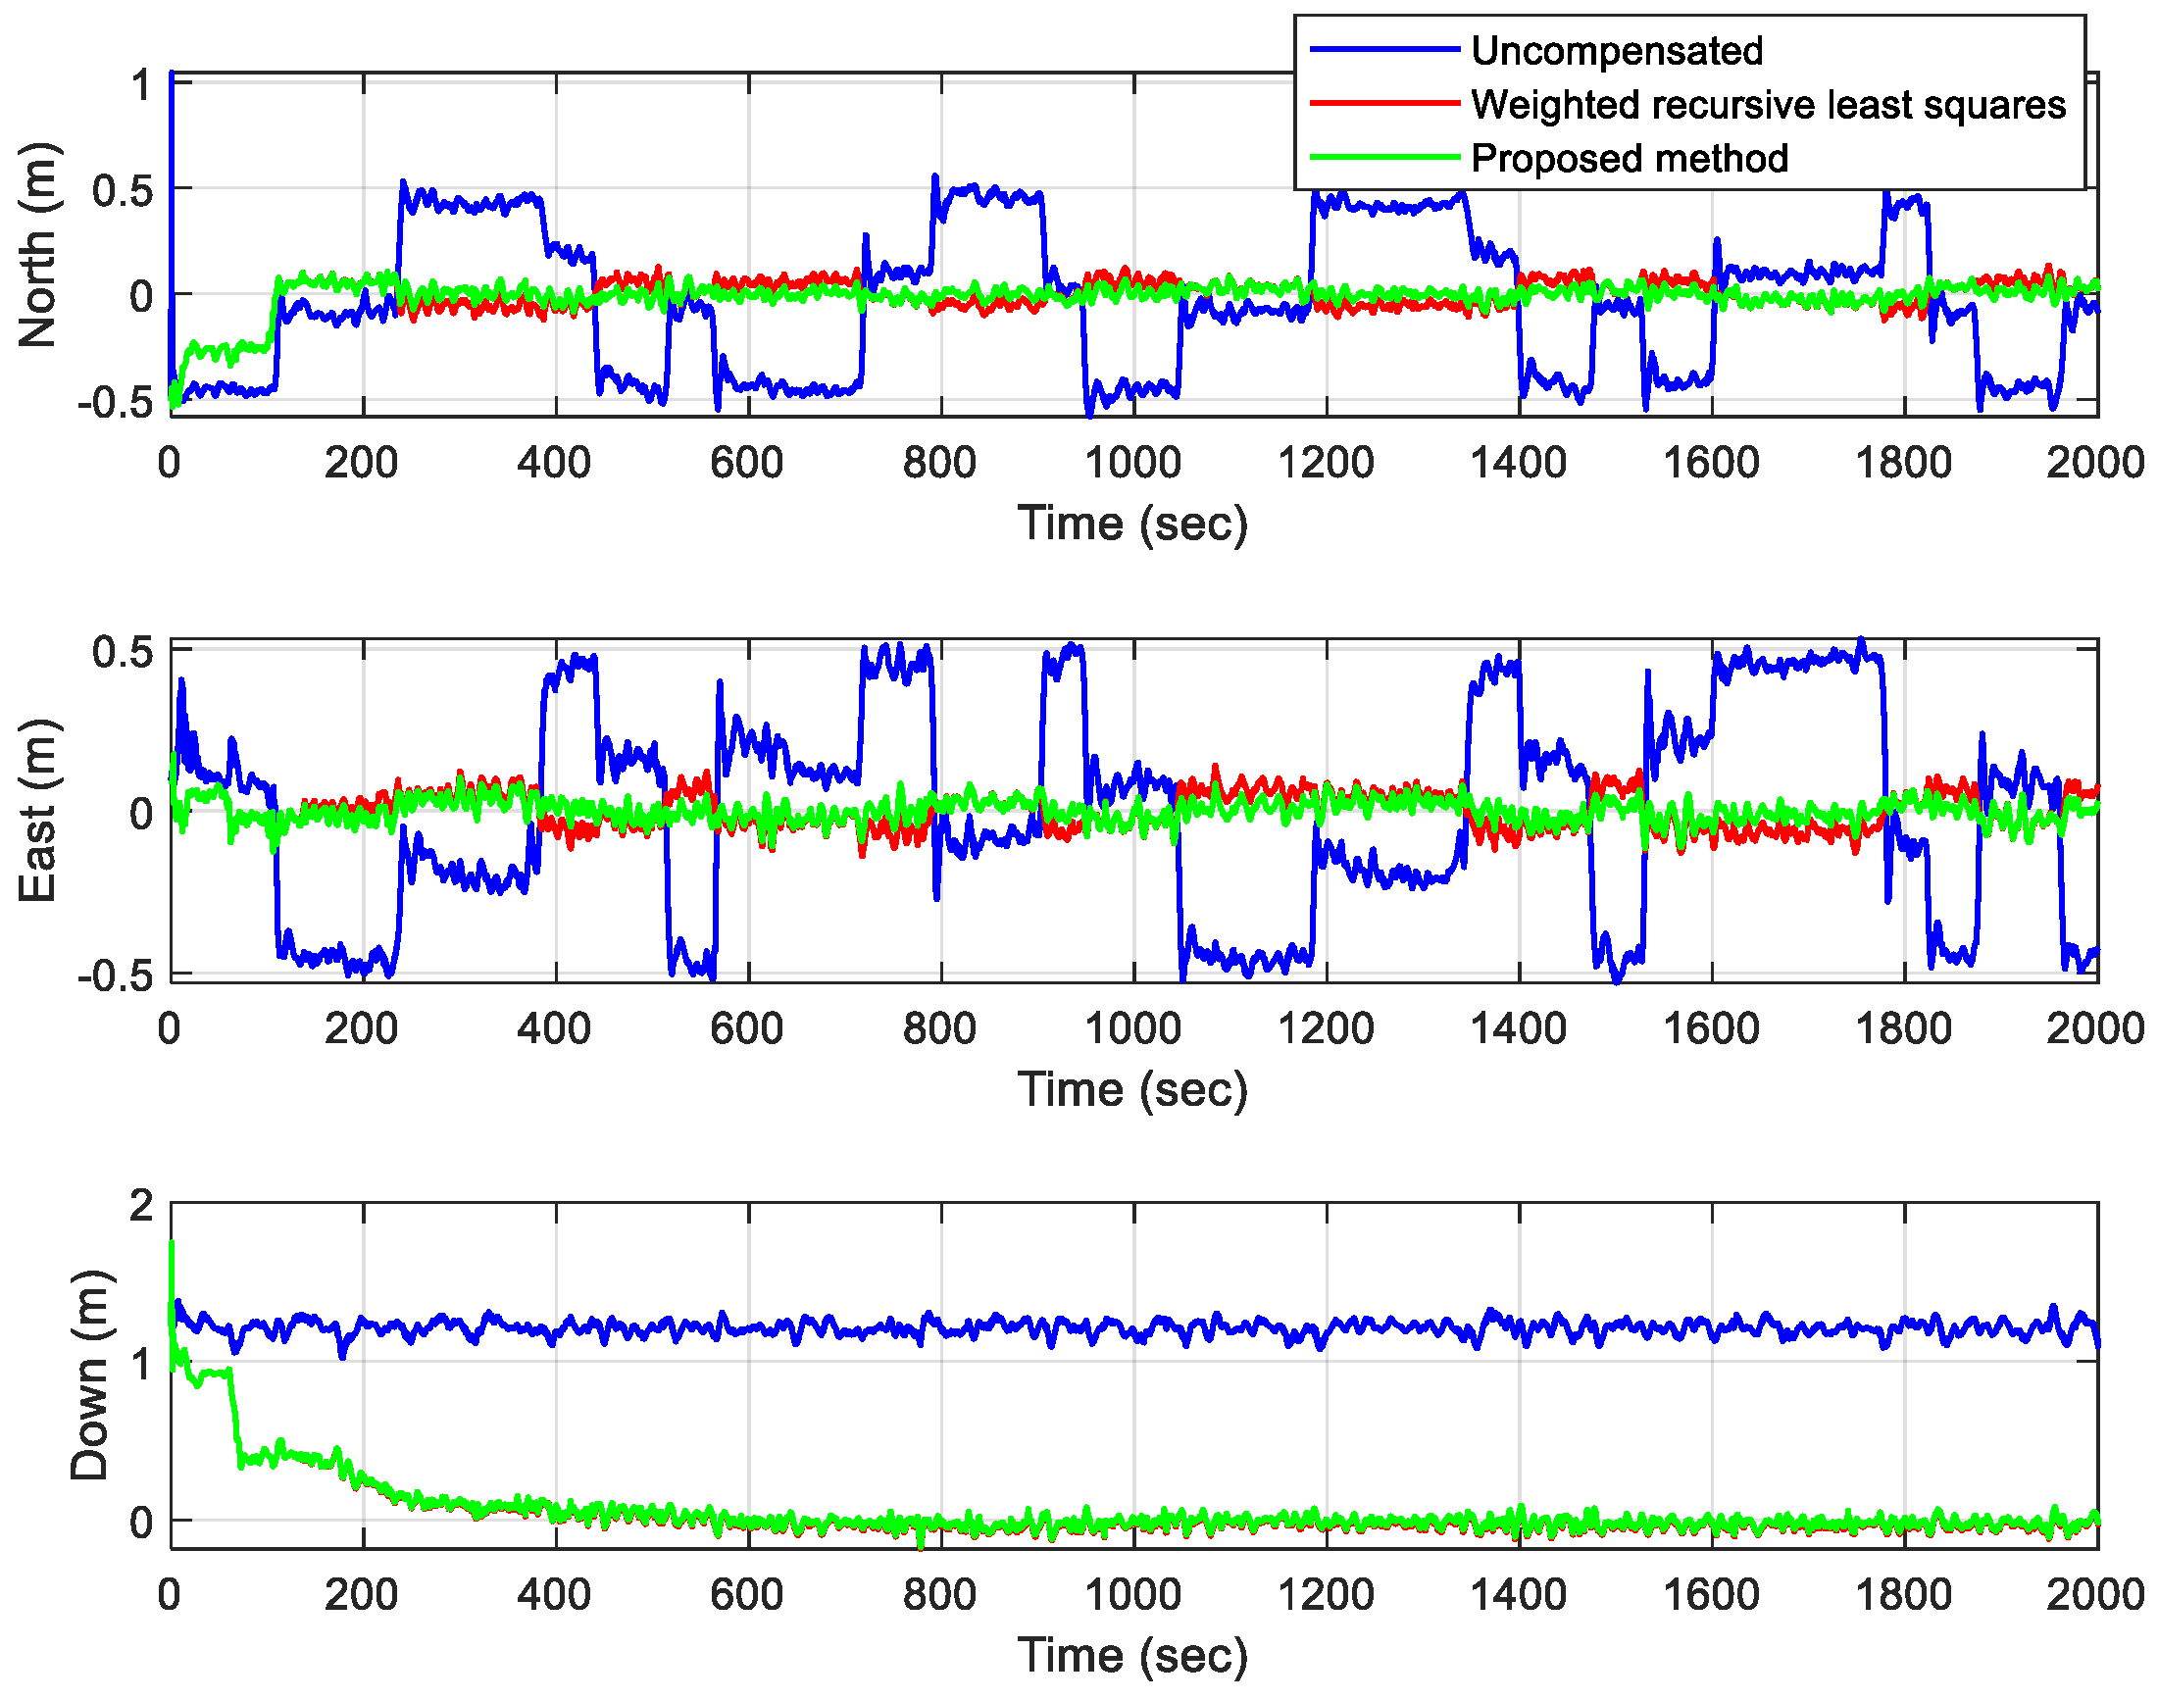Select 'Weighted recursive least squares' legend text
pyautogui.click(x=1768, y=105)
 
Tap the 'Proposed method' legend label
pyautogui.click(x=1629, y=158)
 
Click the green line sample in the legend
pyautogui.click(x=1383, y=157)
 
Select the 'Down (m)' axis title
pyautogui.click(x=89, y=1376)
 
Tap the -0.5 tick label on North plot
pyautogui.click(x=116, y=403)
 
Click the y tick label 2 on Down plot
pyautogui.click(x=142, y=1206)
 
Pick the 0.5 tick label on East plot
pyautogui.click(x=123, y=653)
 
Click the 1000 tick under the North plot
pyautogui.click(x=1131, y=463)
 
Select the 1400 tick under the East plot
pyautogui.click(x=1517, y=1028)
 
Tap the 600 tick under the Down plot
pyautogui.click(x=746, y=1595)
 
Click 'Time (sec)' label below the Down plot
pyautogui.click(x=1131, y=1656)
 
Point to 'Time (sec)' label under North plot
pyautogui.click(x=1131, y=524)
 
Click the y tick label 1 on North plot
pyautogui.click(x=142, y=85)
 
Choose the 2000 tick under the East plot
pyautogui.click(x=2094, y=1028)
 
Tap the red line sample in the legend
pyautogui.click(x=1383, y=104)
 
